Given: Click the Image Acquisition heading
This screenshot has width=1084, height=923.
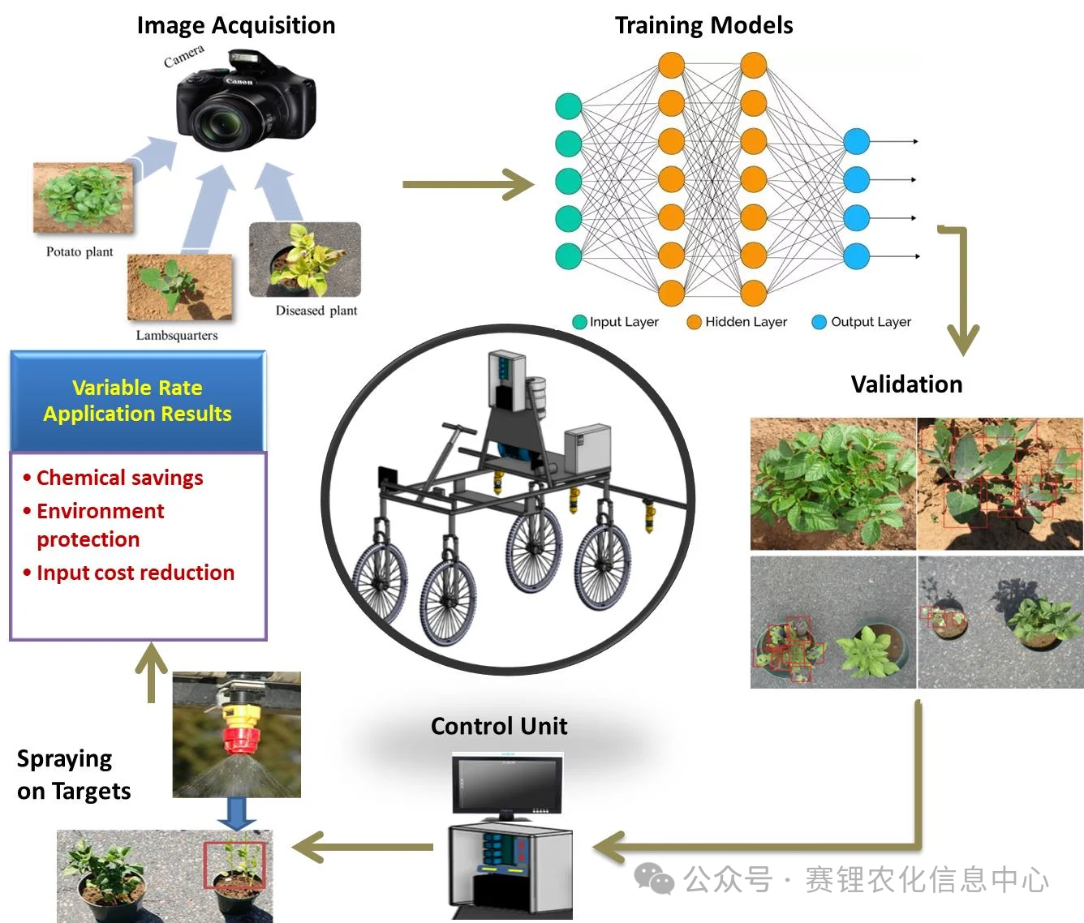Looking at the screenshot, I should click(235, 25).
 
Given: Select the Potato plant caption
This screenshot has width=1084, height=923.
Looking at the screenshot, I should click(80, 251).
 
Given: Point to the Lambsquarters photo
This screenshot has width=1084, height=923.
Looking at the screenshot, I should click(179, 286).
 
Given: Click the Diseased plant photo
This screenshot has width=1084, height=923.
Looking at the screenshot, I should click(305, 260).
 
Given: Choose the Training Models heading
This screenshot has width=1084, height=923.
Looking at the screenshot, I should click(703, 25).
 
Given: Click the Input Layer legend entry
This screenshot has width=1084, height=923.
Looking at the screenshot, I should click(616, 322).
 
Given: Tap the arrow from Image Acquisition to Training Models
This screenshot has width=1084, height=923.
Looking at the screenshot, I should click(467, 184).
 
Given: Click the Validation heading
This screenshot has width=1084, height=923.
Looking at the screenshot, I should click(906, 384).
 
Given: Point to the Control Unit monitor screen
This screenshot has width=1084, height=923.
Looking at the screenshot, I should click(507, 784).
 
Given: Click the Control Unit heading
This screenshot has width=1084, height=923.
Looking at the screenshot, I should click(499, 726).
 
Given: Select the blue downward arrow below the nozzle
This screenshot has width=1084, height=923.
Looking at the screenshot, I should click(237, 813).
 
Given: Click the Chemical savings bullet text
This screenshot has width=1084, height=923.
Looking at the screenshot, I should click(119, 478).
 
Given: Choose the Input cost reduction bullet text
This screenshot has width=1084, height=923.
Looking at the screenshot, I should click(135, 573).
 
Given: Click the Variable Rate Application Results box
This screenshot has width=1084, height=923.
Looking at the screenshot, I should click(138, 401).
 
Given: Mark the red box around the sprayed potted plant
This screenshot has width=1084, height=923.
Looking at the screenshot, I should click(234, 865).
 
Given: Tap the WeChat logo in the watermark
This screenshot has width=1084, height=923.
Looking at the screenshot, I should click(654, 879).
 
